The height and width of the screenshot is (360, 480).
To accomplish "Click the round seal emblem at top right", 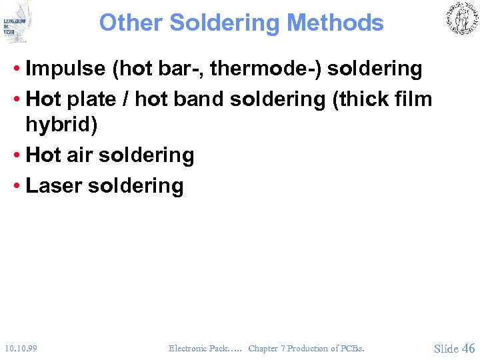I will pyautogui.click(x=461, y=19).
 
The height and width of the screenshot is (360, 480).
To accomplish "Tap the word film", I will pyautogui.click(x=411, y=99).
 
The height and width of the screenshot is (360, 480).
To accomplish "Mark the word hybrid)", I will pyautogui.click(x=61, y=125).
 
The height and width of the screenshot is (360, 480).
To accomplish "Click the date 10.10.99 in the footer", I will pyautogui.click(x=21, y=348).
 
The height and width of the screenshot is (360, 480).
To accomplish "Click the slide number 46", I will pyautogui.click(x=468, y=347).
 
